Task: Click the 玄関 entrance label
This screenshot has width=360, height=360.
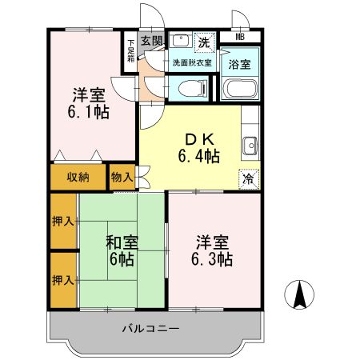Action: (x=152, y=39)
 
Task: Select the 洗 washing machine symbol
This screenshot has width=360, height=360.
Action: (x=205, y=41)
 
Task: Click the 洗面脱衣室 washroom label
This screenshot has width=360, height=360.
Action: (x=189, y=62)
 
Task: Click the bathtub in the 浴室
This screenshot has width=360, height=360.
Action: (x=238, y=89)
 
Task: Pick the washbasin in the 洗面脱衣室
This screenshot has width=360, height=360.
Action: (x=179, y=40)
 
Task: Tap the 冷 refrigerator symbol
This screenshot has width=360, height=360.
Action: (x=249, y=178)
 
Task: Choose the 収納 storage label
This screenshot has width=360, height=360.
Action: (x=78, y=177)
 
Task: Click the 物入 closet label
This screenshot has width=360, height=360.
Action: (x=122, y=177)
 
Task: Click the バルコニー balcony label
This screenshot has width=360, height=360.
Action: (x=151, y=328)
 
